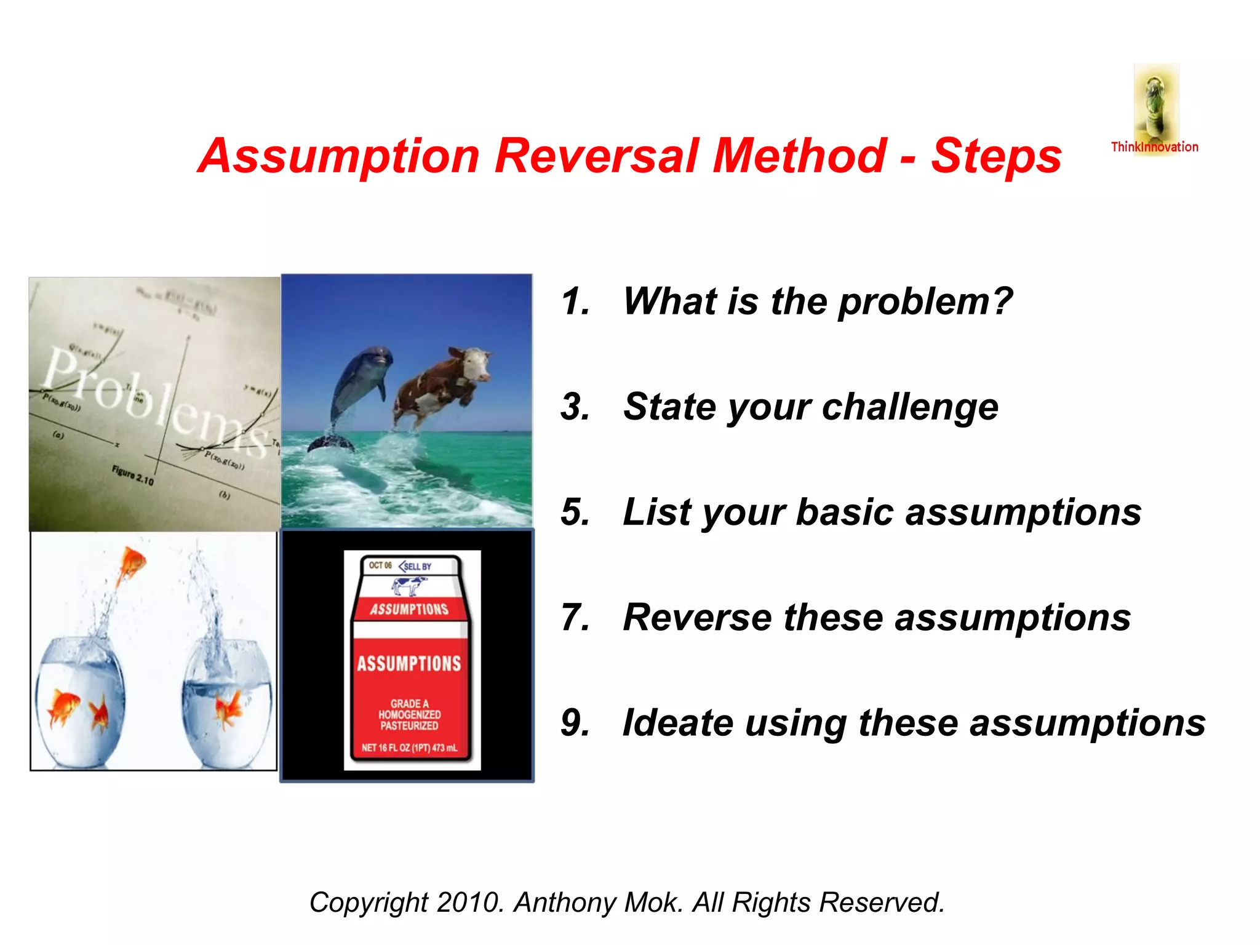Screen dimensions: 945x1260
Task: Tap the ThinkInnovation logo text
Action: pos(1154,147)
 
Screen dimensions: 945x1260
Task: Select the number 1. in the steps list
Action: pos(575,302)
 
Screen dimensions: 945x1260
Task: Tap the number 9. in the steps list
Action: pos(575,723)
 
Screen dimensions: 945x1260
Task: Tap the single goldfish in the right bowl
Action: pos(228,708)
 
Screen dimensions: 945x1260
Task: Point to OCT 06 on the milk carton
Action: pos(380,565)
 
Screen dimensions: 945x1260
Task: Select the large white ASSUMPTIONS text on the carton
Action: pos(409,664)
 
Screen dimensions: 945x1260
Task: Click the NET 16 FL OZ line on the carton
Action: pos(409,748)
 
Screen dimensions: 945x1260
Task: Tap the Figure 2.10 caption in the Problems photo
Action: pos(132,475)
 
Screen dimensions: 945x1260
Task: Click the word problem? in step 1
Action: pos(925,302)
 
